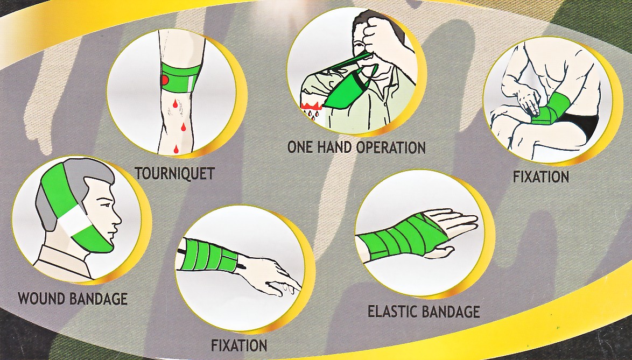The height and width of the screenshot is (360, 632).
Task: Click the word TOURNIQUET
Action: tap(174, 174)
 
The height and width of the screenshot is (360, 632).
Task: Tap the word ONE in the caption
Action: tap(300, 147)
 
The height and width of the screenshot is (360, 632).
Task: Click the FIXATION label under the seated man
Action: tap(540, 177)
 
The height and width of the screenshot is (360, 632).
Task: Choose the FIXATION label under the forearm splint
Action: tap(239, 345)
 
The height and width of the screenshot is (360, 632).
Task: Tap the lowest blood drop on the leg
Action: tap(175, 150)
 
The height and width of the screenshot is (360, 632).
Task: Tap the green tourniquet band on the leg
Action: tap(181, 77)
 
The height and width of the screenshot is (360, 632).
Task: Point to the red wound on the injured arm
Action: tap(312, 106)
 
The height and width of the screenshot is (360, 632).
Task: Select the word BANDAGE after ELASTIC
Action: tap(452, 311)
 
